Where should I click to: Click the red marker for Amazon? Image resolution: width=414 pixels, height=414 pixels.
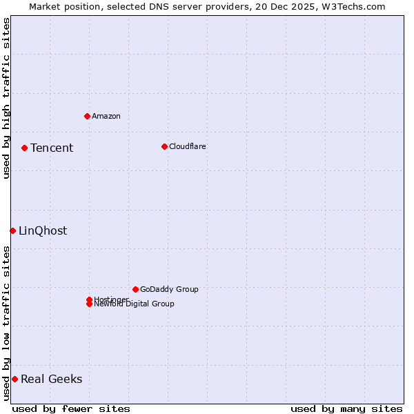87,116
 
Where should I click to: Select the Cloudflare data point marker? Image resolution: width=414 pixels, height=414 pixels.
164,146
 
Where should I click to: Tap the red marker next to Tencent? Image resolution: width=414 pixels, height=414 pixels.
24,148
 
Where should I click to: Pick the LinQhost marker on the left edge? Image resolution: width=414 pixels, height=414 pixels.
12,230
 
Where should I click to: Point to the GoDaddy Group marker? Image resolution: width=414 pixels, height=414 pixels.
135,289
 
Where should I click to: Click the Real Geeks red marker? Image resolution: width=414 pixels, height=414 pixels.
14,379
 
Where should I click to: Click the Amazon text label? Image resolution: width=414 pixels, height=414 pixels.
106,116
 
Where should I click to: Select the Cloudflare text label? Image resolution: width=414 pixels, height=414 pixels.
188,146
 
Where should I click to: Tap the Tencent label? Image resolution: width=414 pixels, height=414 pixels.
52,148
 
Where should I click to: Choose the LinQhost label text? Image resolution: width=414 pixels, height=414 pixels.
43,230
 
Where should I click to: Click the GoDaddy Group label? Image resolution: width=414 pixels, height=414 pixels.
169,289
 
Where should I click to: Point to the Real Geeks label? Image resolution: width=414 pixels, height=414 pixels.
52,379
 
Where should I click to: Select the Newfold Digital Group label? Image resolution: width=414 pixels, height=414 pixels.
135,304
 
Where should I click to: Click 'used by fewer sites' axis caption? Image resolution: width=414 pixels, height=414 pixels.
71,408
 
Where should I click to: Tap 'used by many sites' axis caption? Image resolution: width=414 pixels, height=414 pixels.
346,408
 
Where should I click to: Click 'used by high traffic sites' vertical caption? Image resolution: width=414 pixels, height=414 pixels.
6,98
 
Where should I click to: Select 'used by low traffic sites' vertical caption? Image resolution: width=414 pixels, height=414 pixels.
6,322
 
